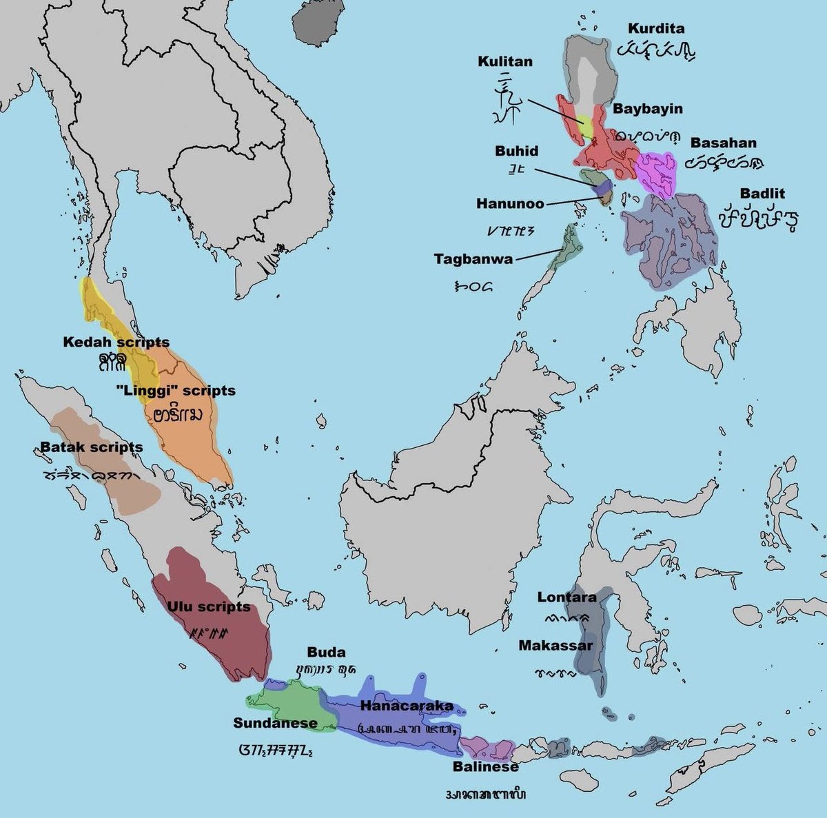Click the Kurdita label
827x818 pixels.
pyautogui.click(x=656, y=28)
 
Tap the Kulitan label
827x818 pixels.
pyautogui.click(x=505, y=61)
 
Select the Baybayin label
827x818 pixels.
pyautogui.click(x=648, y=109)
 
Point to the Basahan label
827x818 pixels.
pyautogui.click(x=723, y=143)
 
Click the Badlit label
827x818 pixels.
pyautogui.click(x=762, y=194)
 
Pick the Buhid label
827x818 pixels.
pyautogui.click(x=516, y=150)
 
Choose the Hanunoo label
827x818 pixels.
pyautogui.click(x=509, y=204)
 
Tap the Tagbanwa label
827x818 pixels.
pyautogui.click(x=473, y=258)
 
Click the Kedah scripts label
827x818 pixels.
pyautogui.click(x=116, y=342)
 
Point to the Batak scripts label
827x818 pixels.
pyautogui.click(x=91, y=447)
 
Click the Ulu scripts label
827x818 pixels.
pyautogui.click(x=208, y=606)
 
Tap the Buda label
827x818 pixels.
pyautogui.click(x=326, y=652)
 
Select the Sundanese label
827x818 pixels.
pyautogui.click(x=275, y=723)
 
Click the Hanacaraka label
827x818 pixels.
pyautogui.click(x=407, y=706)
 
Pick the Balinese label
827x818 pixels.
pyautogui.click(x=485, y=766)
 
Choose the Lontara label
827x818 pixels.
pyautogui.click(x=566, y=597)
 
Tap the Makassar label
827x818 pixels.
pyautogui.click(x=555, y=646)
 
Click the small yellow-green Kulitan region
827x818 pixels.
pyautogui.click(x=586, y=127)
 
